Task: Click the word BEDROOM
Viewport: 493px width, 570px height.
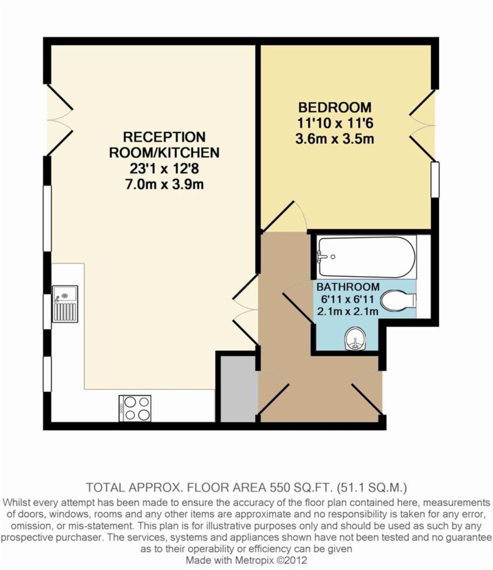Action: click(335, 107)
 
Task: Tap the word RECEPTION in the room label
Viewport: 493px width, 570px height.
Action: click(164, 137)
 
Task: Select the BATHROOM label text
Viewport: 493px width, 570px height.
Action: click(348, 287)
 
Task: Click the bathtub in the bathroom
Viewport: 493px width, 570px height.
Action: click(367, 257)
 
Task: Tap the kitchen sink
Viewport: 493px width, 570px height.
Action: click(65, 304)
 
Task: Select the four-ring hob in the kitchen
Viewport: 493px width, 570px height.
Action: click(135, 408)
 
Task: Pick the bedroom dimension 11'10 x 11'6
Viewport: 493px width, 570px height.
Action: click(335, 123)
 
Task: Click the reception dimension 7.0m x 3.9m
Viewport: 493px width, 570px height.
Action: click(165, 184)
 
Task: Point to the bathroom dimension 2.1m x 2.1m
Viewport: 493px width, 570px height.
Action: click(348, 311)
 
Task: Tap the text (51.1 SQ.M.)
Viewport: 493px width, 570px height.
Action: click(372, 487)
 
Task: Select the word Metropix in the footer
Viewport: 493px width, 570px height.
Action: click(253, 560)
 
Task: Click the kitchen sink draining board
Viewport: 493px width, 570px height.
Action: click(65, 313)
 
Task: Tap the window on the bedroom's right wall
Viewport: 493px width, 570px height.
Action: click(435, 180)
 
